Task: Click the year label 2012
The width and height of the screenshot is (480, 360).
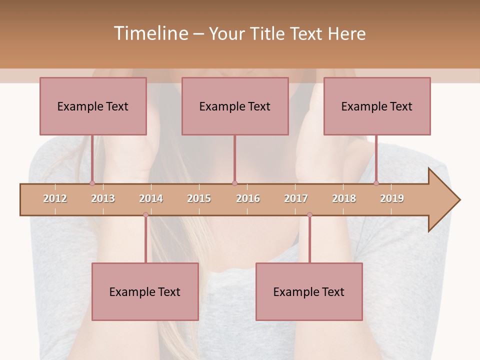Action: click(55, 198)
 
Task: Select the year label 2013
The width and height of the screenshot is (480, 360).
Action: click(103, 198)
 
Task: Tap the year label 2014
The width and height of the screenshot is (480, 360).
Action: click(151, 198)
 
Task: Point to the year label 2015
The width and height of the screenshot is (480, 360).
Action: click(199, 198)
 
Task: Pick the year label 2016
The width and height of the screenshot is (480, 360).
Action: click(248, 198)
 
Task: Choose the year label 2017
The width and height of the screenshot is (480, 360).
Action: click(296, 198)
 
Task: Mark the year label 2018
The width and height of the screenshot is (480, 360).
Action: click(344, 198)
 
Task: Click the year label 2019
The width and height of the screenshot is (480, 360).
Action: click(392, 198)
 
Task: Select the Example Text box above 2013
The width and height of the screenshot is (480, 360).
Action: click(93, 106)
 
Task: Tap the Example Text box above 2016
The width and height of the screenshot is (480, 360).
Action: click(235, 106)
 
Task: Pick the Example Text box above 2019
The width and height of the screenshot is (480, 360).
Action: click(377, 106)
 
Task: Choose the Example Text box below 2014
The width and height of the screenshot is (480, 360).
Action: click(145, 291)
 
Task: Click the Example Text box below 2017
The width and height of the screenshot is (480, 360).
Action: click(309, 291)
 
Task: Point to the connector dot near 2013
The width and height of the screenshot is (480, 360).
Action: click(92, 183)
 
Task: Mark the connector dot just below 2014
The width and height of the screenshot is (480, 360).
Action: click(145, 214)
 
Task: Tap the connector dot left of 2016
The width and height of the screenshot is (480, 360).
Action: click(234, 183)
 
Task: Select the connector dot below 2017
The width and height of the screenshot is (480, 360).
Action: click(309, 214)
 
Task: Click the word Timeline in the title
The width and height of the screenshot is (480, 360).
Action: click(150, 33)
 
